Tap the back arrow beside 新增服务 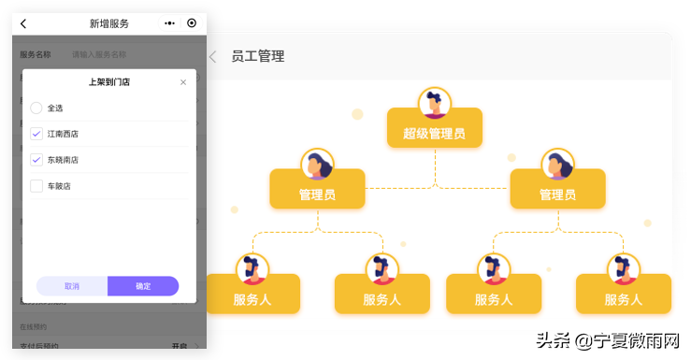pyautogui.click(x=23, y=23)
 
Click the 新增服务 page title pyautogui.click(x=109, y=23)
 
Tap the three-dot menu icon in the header pyautogui.click(x=169, y=23)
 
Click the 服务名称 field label pyautogui.click(x=36, y=55)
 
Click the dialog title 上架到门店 pyautogui.click(x=109, y=82)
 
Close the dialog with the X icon pyautogui.click(x=183, y=82)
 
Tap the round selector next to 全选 pyautogui.click(x=36, y=108)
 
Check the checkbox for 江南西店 pyautogui.click(x=36, y=134)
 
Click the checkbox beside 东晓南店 pyautogui.click(x=36, y=160)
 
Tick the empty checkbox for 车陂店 pyautogui.click(x=36, y=186)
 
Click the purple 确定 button pyautogui.click(x=143, y=286)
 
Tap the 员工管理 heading pyautogui.click(x=258, y=56)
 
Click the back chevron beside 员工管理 pyautogui.click(x=212, y=56)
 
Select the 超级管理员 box pyautogui.click(x=434, y=132)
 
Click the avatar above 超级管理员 pyautogui.click(x=434, y=102)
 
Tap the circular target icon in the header pyautogui.click(x=192, y=23)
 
